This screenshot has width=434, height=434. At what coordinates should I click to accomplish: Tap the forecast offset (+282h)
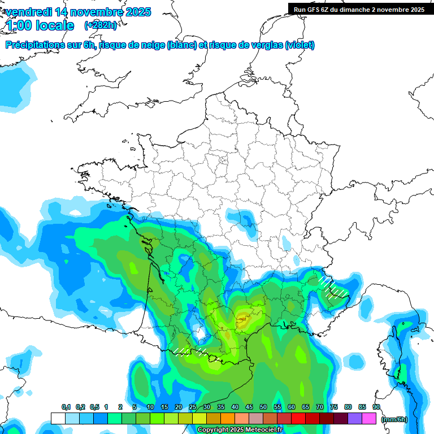[x=100, y=25]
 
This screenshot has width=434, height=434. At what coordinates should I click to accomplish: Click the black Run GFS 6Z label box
[x=359, y=9]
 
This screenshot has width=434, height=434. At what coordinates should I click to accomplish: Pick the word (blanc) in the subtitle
[x=182, y=45]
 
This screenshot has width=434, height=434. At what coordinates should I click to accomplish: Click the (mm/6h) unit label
[x=394, y=419]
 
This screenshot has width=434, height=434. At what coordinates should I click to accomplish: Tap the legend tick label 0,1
[x=66, y=407]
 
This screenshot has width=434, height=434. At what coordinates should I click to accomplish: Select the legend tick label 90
[x=376, y=407]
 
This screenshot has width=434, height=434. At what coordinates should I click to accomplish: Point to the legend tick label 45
[x=249, y=407]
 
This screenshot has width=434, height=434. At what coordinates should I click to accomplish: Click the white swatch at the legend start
[x=58, y=418]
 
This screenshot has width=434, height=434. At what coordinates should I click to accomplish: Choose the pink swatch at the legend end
[x=369, y=418]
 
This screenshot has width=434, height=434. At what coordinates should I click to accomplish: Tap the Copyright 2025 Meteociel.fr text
[x=240, y=430]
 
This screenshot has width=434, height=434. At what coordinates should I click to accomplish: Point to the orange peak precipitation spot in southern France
[x=244, y=320]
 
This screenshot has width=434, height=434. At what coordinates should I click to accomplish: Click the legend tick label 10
[x=150, y=407]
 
